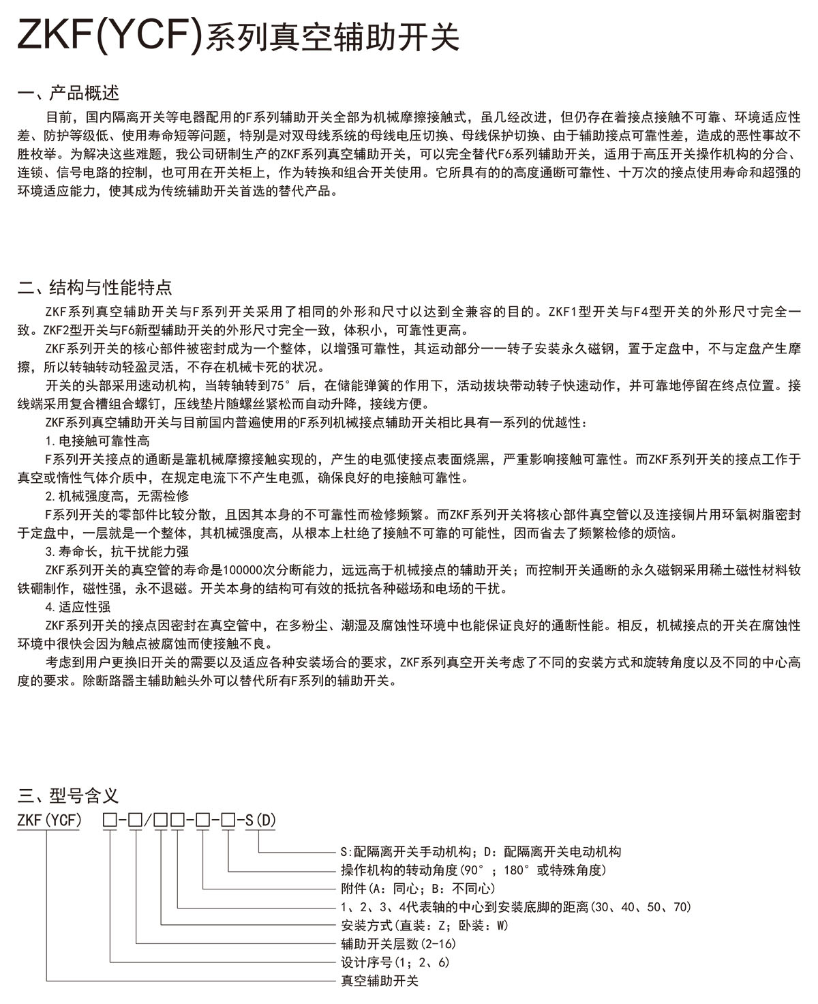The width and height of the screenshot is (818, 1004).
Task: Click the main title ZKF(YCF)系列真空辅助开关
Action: point(238,37)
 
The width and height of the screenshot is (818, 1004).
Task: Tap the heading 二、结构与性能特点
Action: point(95,287)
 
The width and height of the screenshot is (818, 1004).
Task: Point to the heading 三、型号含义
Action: point(68,795)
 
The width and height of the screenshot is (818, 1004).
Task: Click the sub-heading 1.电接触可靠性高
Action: point(97,441)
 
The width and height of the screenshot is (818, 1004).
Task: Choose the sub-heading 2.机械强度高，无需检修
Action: point(117,496)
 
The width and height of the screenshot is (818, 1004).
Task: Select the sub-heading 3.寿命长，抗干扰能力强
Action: point(117,551)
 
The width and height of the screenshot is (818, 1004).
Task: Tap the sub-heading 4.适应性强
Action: point(78,606)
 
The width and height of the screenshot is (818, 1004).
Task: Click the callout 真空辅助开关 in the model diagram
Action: point(379,981)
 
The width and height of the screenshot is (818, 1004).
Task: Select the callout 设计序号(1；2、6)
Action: point(395,962)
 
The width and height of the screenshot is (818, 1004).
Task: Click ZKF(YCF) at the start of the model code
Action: point(49,819)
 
